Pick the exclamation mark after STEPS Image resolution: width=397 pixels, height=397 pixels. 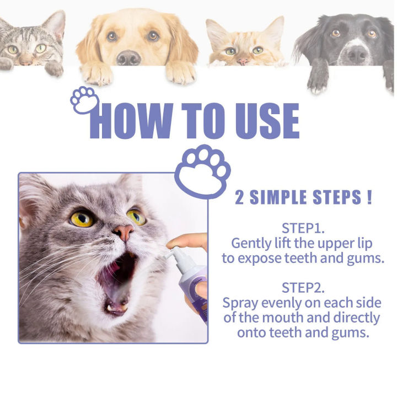click(x=368, y=197)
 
